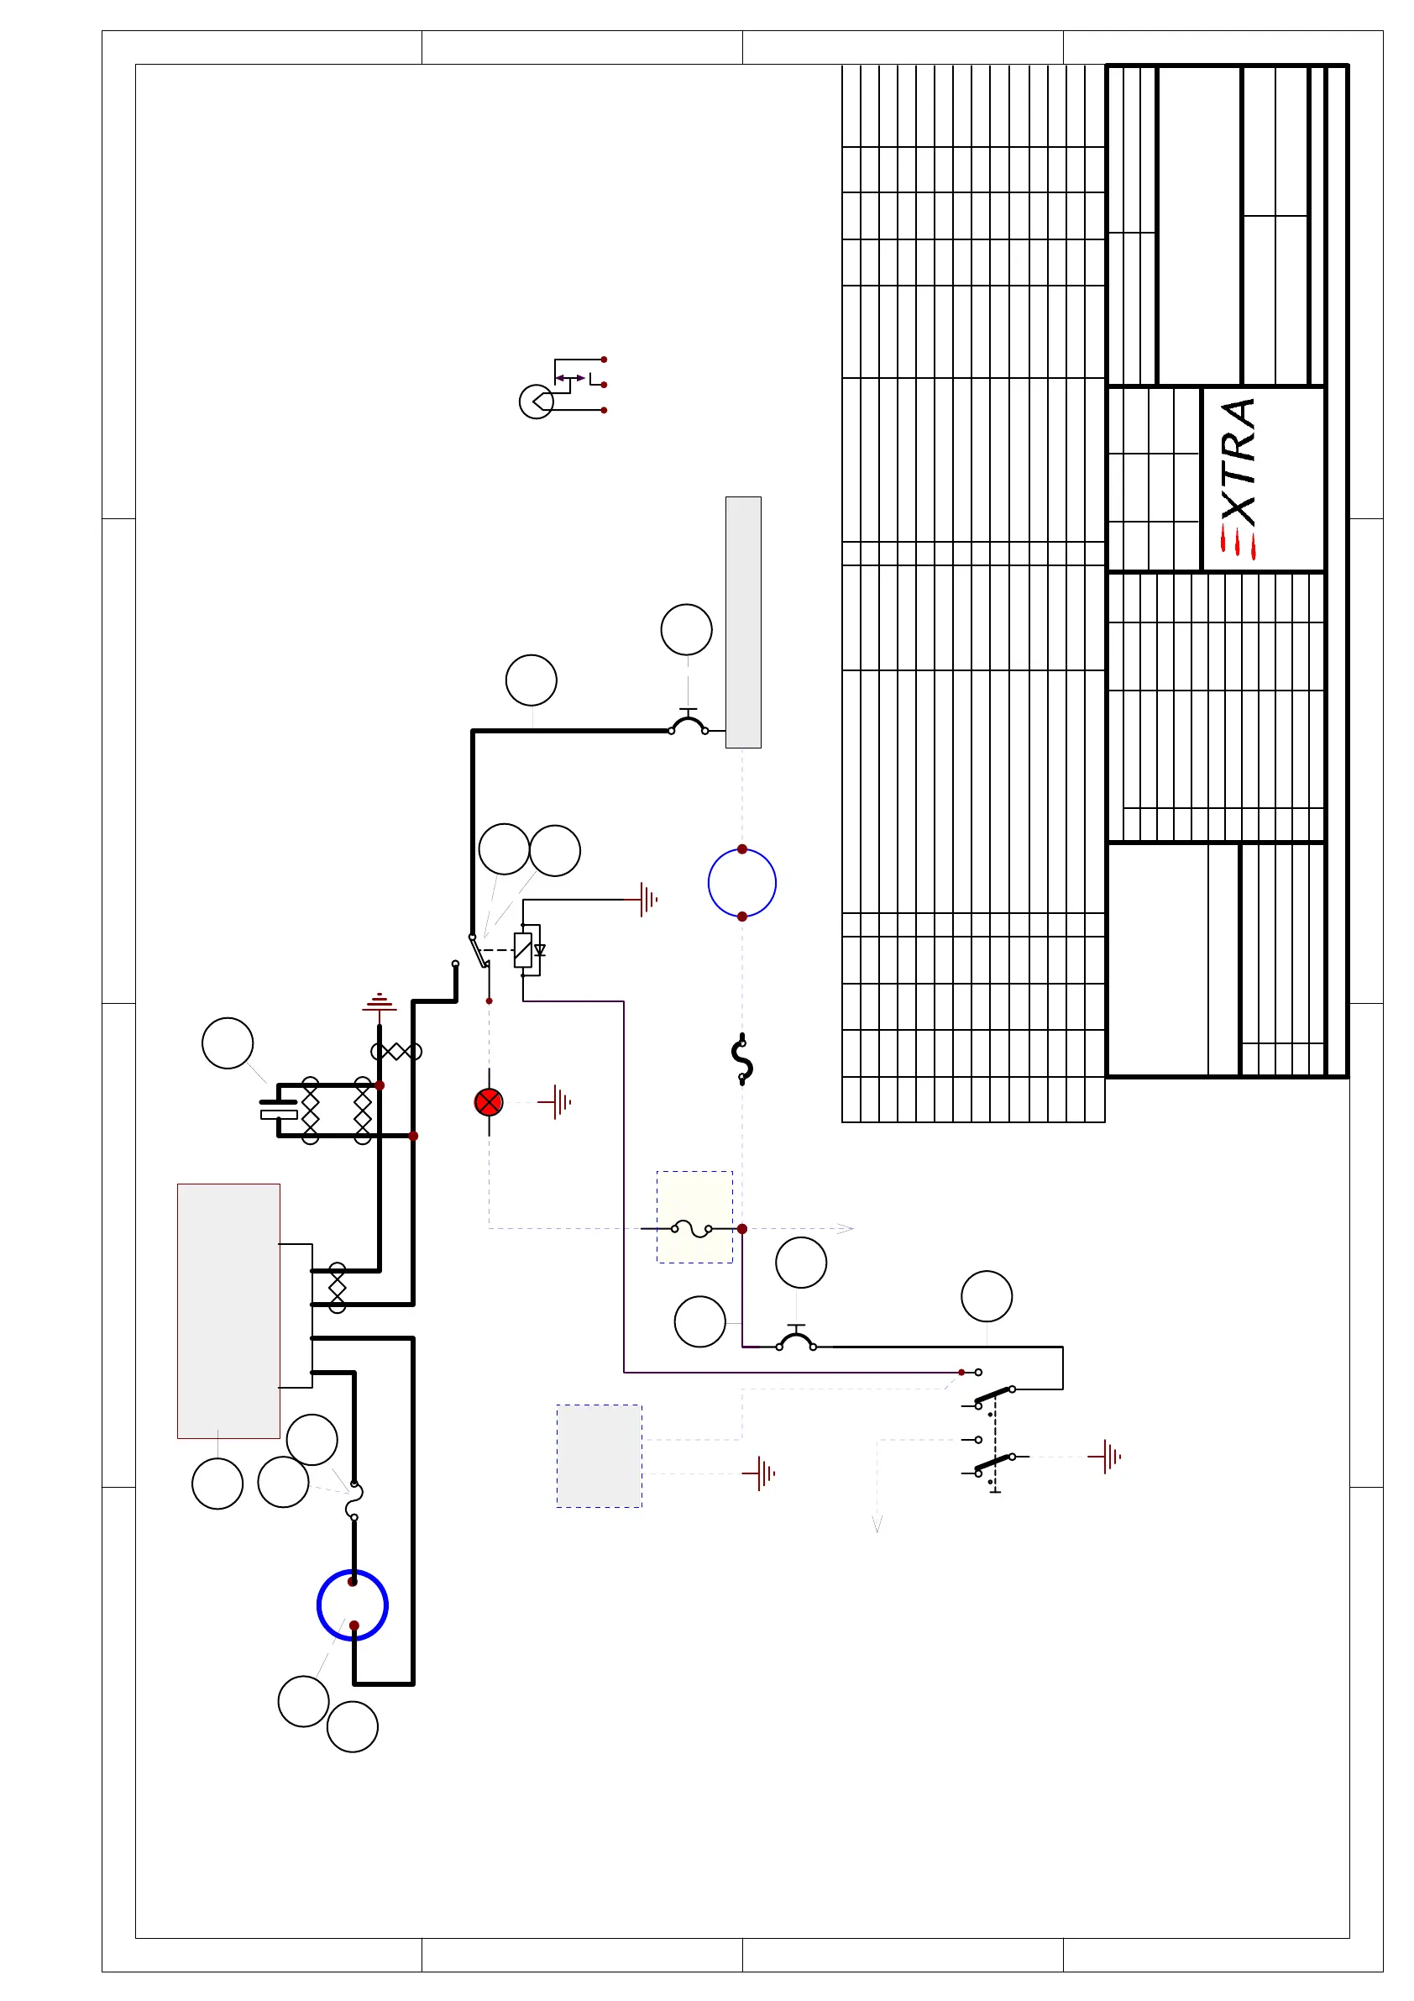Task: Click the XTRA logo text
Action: pos(1238,462)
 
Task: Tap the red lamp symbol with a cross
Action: pos(489,1102)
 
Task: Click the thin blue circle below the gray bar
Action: pos(741,883)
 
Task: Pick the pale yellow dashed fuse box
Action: pos(694,1216)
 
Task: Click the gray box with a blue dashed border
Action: pos(600,1456)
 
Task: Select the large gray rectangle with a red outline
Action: pos(228,1310)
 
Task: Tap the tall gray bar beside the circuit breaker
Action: pos(743,622)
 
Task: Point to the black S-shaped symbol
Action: pos(741,1060)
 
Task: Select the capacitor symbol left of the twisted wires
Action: pos(279,1110)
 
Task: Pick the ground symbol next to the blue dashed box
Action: pos(762,1473)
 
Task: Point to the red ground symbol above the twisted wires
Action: pos(379,1002)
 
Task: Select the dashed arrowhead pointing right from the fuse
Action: pos(844,1229)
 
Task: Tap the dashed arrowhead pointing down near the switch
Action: pos(877,1523)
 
